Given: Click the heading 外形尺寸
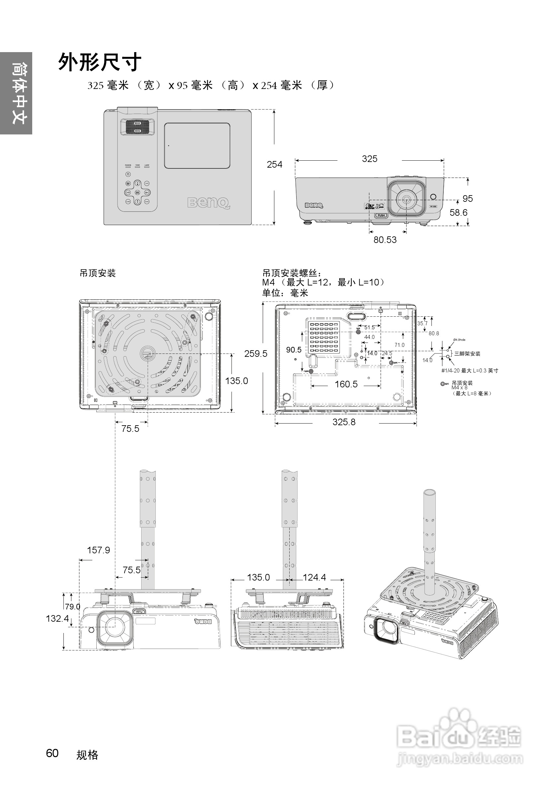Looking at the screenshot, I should pos(100,63).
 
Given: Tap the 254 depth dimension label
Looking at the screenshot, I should pos(274,164).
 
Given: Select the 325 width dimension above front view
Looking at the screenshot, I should pos(369,159).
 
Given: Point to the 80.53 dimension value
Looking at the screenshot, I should pos(385,240).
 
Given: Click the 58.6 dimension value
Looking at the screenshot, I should pos(458,213).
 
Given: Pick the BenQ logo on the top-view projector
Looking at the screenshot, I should pos(209,203).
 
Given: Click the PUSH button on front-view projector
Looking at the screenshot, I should pos(381,215).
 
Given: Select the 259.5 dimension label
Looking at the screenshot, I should pos(255,354).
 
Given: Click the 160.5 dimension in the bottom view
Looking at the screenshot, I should pos(346,384).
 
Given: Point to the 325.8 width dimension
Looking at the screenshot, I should pos(343,422).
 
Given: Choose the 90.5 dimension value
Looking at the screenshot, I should pos(294,350).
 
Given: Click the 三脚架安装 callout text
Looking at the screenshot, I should pos(467,354).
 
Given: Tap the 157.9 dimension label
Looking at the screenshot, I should pos(98,550).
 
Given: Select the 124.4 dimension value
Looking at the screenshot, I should pos(314,577).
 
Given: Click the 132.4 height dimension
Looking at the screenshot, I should pos(57,619).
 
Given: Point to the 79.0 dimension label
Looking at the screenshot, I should pos(73,607).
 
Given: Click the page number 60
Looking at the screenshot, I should pos(52,753).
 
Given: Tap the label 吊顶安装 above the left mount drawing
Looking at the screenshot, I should pos(98,273).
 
